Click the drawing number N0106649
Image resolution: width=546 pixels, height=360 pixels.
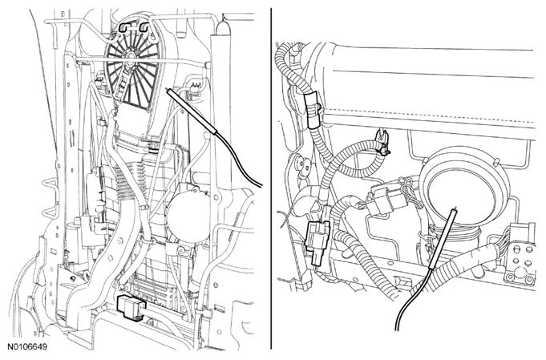[x=27, y=347]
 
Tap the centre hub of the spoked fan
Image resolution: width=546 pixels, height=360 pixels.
[x=131, y=55]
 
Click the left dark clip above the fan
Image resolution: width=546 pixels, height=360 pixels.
[x=124, y=26]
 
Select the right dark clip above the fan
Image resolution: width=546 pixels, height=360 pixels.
[x=144, y=26]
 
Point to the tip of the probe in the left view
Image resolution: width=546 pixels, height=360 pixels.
[x=168, y=90]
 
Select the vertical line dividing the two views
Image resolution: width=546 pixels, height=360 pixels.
[x=271, y=178]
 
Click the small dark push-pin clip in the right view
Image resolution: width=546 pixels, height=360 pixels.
[x=382, y=142]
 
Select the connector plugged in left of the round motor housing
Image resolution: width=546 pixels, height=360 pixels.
[x=382, y=201]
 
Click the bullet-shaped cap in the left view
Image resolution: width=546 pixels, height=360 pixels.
[x=224, y=27]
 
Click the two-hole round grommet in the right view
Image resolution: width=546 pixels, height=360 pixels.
[x=302, y=164]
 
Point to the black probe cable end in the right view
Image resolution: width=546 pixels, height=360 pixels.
[x=397, y=329]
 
